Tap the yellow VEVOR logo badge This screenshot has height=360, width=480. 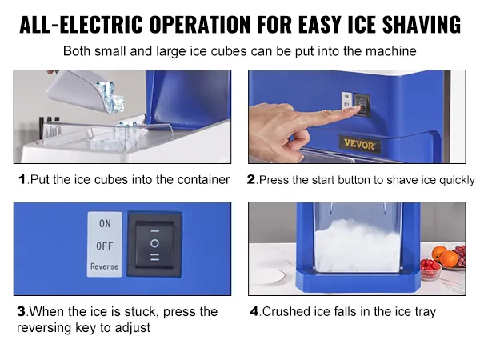359,144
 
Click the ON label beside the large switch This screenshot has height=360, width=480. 105,224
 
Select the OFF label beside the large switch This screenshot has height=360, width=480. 104,246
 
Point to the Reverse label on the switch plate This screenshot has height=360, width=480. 104,266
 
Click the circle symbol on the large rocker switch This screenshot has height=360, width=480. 154,243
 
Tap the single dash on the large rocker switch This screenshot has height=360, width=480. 155,231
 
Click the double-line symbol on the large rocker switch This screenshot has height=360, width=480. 155,257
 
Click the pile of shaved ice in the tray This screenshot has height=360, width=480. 358,244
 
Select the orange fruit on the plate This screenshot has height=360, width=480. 449,258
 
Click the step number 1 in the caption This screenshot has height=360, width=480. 22,179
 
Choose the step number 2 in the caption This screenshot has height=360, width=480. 251,179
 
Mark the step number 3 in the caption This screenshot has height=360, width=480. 21,312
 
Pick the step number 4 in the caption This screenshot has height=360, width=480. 254,312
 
